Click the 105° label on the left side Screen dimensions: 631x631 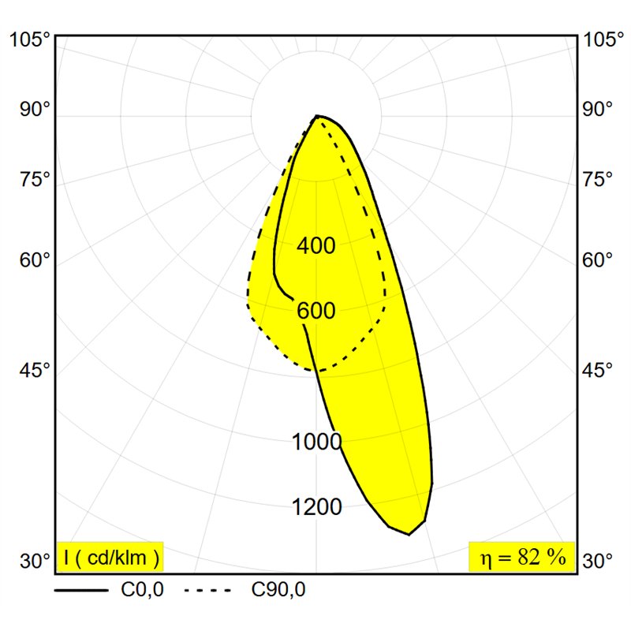click(29, 40)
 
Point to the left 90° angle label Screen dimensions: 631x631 click(35, 109)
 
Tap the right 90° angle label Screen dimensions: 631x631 click(598, 109)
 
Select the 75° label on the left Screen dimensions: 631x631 click(35, 179)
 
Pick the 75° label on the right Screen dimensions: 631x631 click(598, 179)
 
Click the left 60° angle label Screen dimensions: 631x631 click(35, 260)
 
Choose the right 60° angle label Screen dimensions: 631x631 click(598, 260)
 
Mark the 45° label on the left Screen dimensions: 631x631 click(35, 370)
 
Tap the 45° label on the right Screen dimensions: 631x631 click(598, 370)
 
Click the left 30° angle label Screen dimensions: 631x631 click(35, 561)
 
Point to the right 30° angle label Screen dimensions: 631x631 click(598, 561)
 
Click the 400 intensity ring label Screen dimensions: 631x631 click(316, 245)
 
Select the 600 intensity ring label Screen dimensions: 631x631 click(316, 311)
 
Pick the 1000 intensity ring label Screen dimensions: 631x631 click(317, 442)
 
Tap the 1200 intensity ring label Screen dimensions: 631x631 click(317, 506)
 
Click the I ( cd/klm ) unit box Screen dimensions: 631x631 click(110, 557)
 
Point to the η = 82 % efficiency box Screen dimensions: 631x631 click(522, 557)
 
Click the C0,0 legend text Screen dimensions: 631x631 click(142, 590)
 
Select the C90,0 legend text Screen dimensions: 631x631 click(278, 590)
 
